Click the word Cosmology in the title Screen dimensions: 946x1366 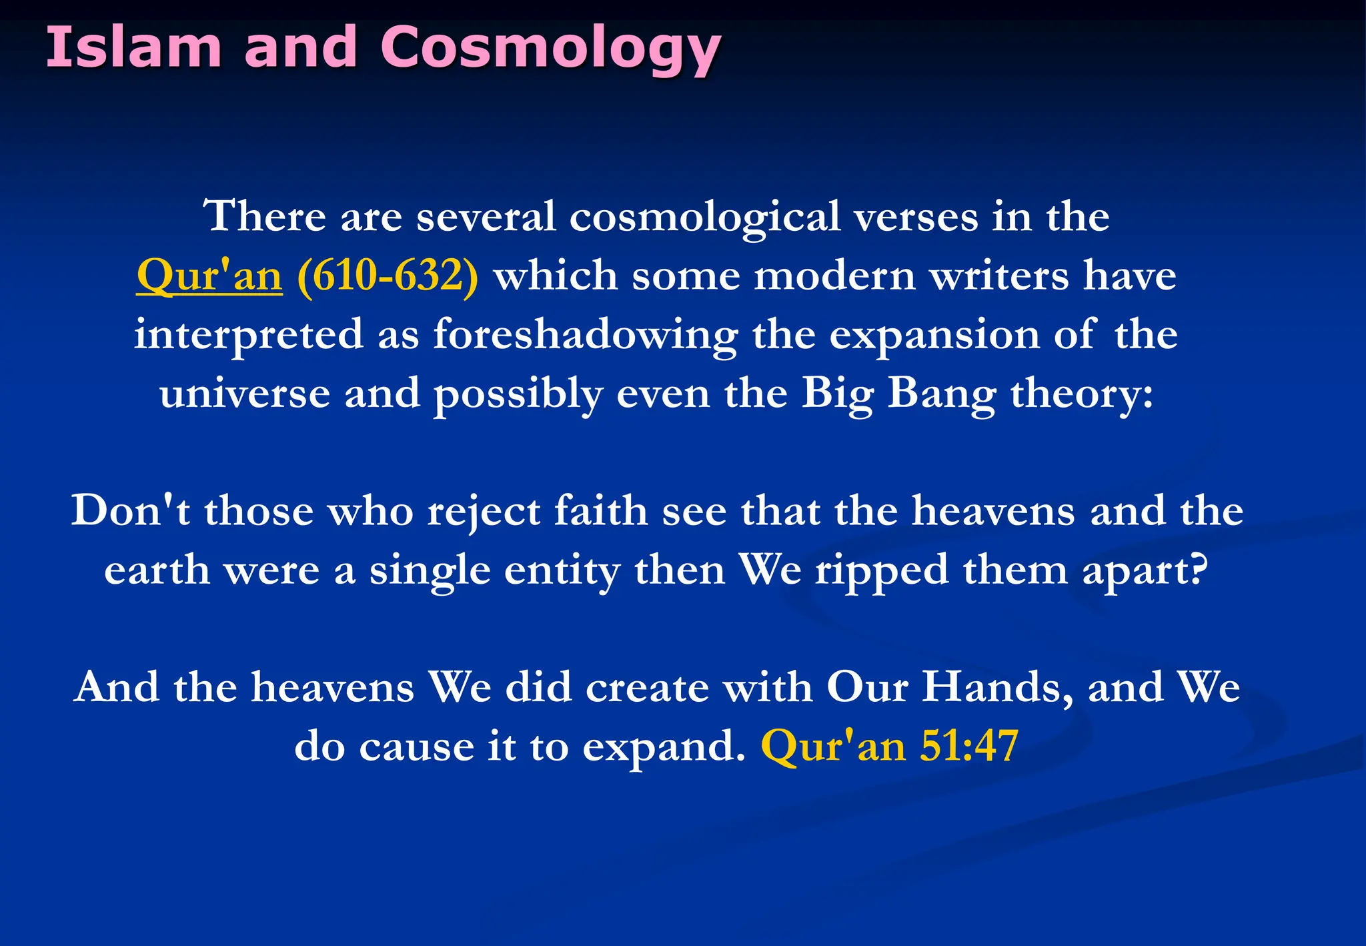pos(550,48)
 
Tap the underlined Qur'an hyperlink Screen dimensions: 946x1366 pos(209,276)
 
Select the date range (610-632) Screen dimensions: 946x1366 pos(388,276)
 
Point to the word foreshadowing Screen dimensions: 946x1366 pos(585,335)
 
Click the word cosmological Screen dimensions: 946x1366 pos(704,217)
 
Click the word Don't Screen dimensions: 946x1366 pos(131,511)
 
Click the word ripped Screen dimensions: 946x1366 pos(881,571)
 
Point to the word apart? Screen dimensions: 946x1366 pos(1145,571)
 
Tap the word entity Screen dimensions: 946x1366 pos(562,571)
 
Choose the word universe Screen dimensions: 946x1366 pos(244,394)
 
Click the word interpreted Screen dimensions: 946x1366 pos(248,335)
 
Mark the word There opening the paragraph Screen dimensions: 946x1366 pos(264,217)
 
